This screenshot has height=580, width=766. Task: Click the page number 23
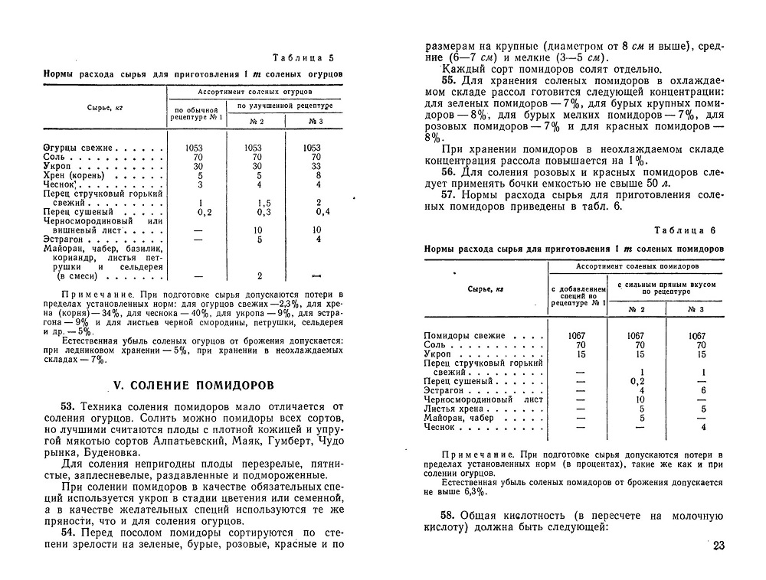pyautogui.click(x=718, y=546)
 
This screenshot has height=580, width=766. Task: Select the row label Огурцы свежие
pyautogui.click(x=80, y=148)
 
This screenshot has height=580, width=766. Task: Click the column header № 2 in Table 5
pyautogui.click(x=257, y=121)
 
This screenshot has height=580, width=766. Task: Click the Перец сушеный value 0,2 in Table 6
pyautogui.click(x=637, y=381)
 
